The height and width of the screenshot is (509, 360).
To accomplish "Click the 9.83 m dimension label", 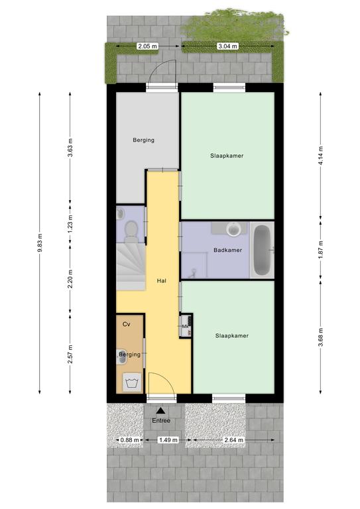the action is pos(40,243).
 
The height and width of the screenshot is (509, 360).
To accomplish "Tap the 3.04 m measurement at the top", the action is pos(227,46).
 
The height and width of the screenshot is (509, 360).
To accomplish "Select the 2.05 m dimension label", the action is pos(147,46).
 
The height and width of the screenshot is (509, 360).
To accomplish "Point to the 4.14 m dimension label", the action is pos(321,156).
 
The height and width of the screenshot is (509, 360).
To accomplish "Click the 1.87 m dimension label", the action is pos(321,249).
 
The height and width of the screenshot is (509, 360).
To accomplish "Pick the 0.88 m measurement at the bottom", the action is pos(129,440).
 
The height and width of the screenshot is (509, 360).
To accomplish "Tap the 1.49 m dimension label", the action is pos(168,440).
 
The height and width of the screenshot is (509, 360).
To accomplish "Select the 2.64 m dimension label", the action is pos(234,440).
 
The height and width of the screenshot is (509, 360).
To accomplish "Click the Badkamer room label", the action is pos(227,250).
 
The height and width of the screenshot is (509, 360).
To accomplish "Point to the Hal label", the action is pos(161,281).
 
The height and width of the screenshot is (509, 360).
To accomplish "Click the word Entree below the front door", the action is pos(161,420).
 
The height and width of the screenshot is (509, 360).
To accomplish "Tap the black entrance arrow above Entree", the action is pos(161,411).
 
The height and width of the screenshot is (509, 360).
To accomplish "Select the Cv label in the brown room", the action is pos(126,324).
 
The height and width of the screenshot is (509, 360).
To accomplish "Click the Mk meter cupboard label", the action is pos(185,326).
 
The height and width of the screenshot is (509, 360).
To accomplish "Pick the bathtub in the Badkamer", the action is pos(262,250).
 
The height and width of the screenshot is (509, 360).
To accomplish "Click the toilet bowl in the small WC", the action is pos(131,229).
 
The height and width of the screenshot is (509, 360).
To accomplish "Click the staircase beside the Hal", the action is pos(131,266).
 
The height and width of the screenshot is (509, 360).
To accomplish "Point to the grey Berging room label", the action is pos(143,140).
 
